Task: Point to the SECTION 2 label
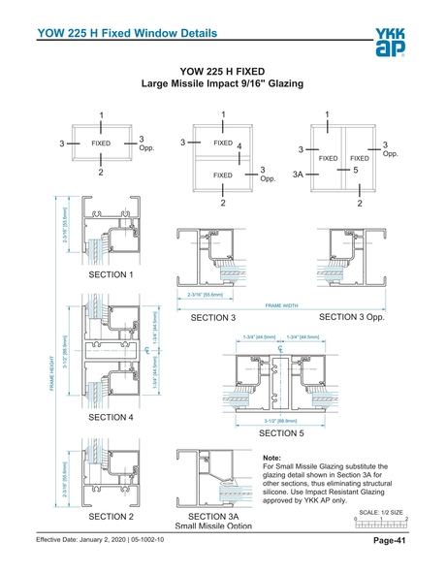tap(111, 517)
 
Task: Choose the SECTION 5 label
tap(281, 433)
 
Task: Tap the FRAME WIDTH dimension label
tap(281, 305)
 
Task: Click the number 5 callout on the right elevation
tap(357, 170)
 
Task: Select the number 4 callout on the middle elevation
tap(239, 146)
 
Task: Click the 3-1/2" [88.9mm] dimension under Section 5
tap(279, 422)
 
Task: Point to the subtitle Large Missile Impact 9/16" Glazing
tap(223, 84)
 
